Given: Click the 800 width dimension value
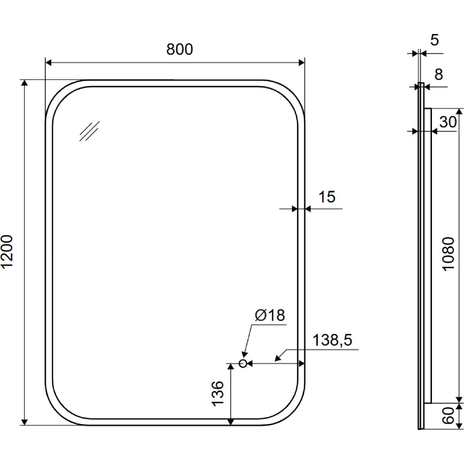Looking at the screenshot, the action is coord(179,49).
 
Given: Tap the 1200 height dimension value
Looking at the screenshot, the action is coord(7,252).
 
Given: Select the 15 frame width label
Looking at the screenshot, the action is coord(327,197).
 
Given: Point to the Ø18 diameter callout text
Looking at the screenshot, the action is coord(270,315).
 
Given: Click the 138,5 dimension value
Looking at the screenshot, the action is coord(332,340).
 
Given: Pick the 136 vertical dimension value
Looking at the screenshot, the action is coord(218,394).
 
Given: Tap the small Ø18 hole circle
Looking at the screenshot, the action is coord(243,363).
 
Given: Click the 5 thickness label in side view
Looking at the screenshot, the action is coord(434,40).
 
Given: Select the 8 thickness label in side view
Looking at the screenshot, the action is coord(438,74).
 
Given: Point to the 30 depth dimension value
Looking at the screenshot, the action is coord(448,122).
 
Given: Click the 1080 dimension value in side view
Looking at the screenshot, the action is coord(449,254).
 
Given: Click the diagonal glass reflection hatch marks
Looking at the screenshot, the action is coord(89,131).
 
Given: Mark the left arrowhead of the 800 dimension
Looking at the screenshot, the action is coord(48,63).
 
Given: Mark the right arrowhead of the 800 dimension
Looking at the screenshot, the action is coord(302,63).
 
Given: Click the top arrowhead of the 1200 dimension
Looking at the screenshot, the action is coord(24,83).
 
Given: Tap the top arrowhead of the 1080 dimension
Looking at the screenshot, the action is coord(459,112).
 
